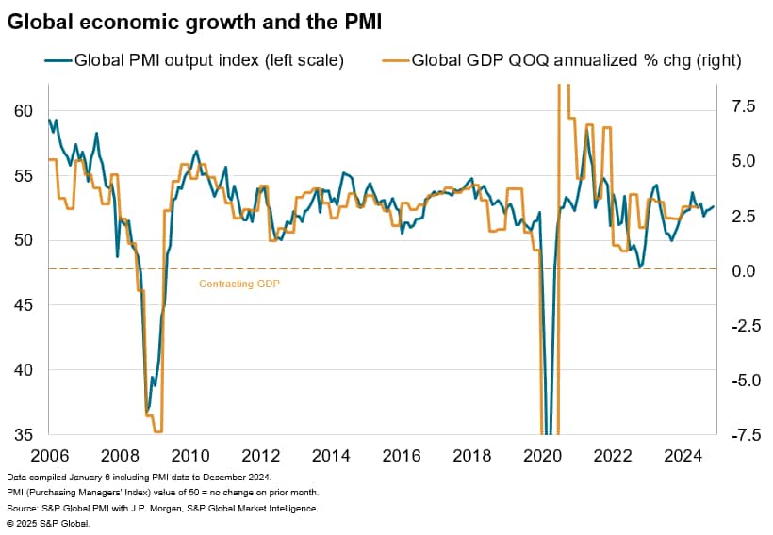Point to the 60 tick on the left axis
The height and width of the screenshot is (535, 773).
coord(21,111)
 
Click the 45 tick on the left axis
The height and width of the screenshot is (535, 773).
coord(21,305)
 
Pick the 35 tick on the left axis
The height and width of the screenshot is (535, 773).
coord(21,434)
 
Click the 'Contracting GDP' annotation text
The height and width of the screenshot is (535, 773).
coord(239,283)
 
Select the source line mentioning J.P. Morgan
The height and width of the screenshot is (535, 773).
coord(161,508)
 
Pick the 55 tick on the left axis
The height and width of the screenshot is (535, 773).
coord(21,176)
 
